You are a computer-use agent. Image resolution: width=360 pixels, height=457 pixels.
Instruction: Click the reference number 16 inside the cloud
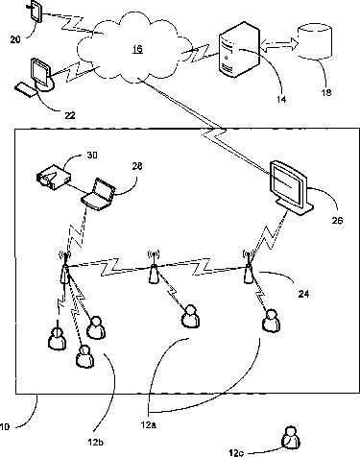(137, 49)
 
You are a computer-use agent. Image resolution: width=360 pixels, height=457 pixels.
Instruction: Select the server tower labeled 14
(239, 49)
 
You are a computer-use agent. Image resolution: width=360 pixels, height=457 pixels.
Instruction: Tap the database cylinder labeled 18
(315, 41)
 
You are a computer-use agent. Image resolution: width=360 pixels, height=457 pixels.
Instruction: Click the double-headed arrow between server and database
(278, 44)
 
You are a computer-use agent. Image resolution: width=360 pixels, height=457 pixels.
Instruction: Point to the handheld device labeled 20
(36, 12)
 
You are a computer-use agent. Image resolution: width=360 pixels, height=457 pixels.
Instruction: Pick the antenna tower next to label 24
(248, 267)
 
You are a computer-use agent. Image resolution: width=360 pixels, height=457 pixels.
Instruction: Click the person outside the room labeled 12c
(291, 437)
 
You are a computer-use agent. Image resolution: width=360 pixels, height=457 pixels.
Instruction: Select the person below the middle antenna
(190, 317)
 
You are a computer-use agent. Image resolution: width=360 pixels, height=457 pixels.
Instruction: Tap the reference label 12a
(149, 425)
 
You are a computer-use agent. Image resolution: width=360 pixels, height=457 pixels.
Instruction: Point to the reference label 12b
(95, 443)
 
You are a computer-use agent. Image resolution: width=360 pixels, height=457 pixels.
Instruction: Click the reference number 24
(303, 294)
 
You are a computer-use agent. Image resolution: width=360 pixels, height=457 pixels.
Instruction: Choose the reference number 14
(281, 100)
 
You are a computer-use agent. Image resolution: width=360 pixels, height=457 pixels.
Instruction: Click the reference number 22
(70, 115)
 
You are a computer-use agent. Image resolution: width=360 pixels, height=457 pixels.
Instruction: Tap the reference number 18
(326, 92)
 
